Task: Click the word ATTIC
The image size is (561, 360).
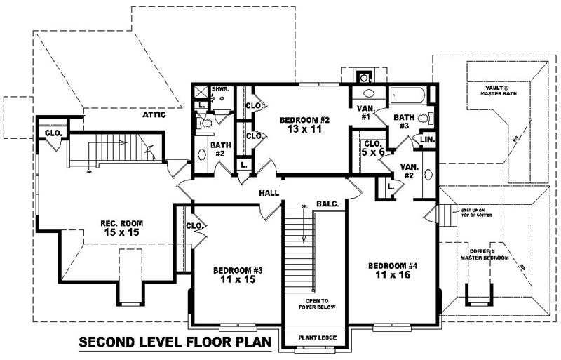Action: [154, 114]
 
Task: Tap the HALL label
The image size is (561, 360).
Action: [269, 193]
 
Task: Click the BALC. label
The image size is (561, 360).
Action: [327, 204]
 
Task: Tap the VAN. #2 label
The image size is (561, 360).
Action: [410, 171]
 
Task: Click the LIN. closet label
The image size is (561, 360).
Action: [427, 140]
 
